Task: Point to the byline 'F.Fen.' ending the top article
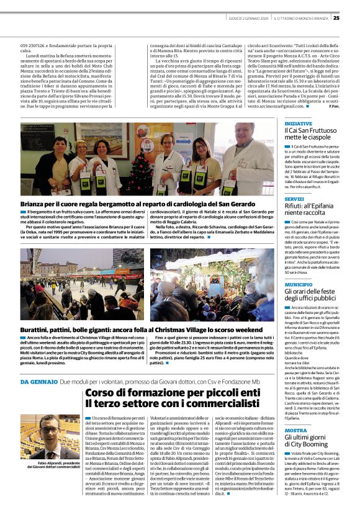point(334,106)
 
